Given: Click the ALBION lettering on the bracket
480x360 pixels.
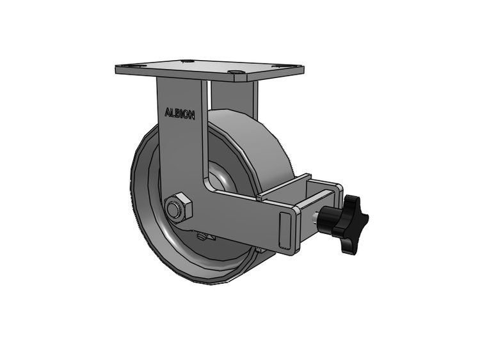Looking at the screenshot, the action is click(x=180, y=113).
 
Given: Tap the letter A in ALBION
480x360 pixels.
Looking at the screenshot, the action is click(x=168, y=113).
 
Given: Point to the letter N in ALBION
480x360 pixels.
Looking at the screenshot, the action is click(x=191, y=115).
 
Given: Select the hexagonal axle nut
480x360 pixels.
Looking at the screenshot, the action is click(x=178, y=207).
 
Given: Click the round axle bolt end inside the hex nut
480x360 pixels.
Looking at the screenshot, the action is click(x=173, y=210).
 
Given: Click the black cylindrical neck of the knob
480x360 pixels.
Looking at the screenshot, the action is click(x=327, y=219).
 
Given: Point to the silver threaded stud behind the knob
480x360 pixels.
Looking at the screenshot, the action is click(x=315, y=218).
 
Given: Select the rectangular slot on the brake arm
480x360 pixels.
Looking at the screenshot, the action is click(x=284, y=230).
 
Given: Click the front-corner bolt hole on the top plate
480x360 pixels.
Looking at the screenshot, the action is click(x=236, y=72).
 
